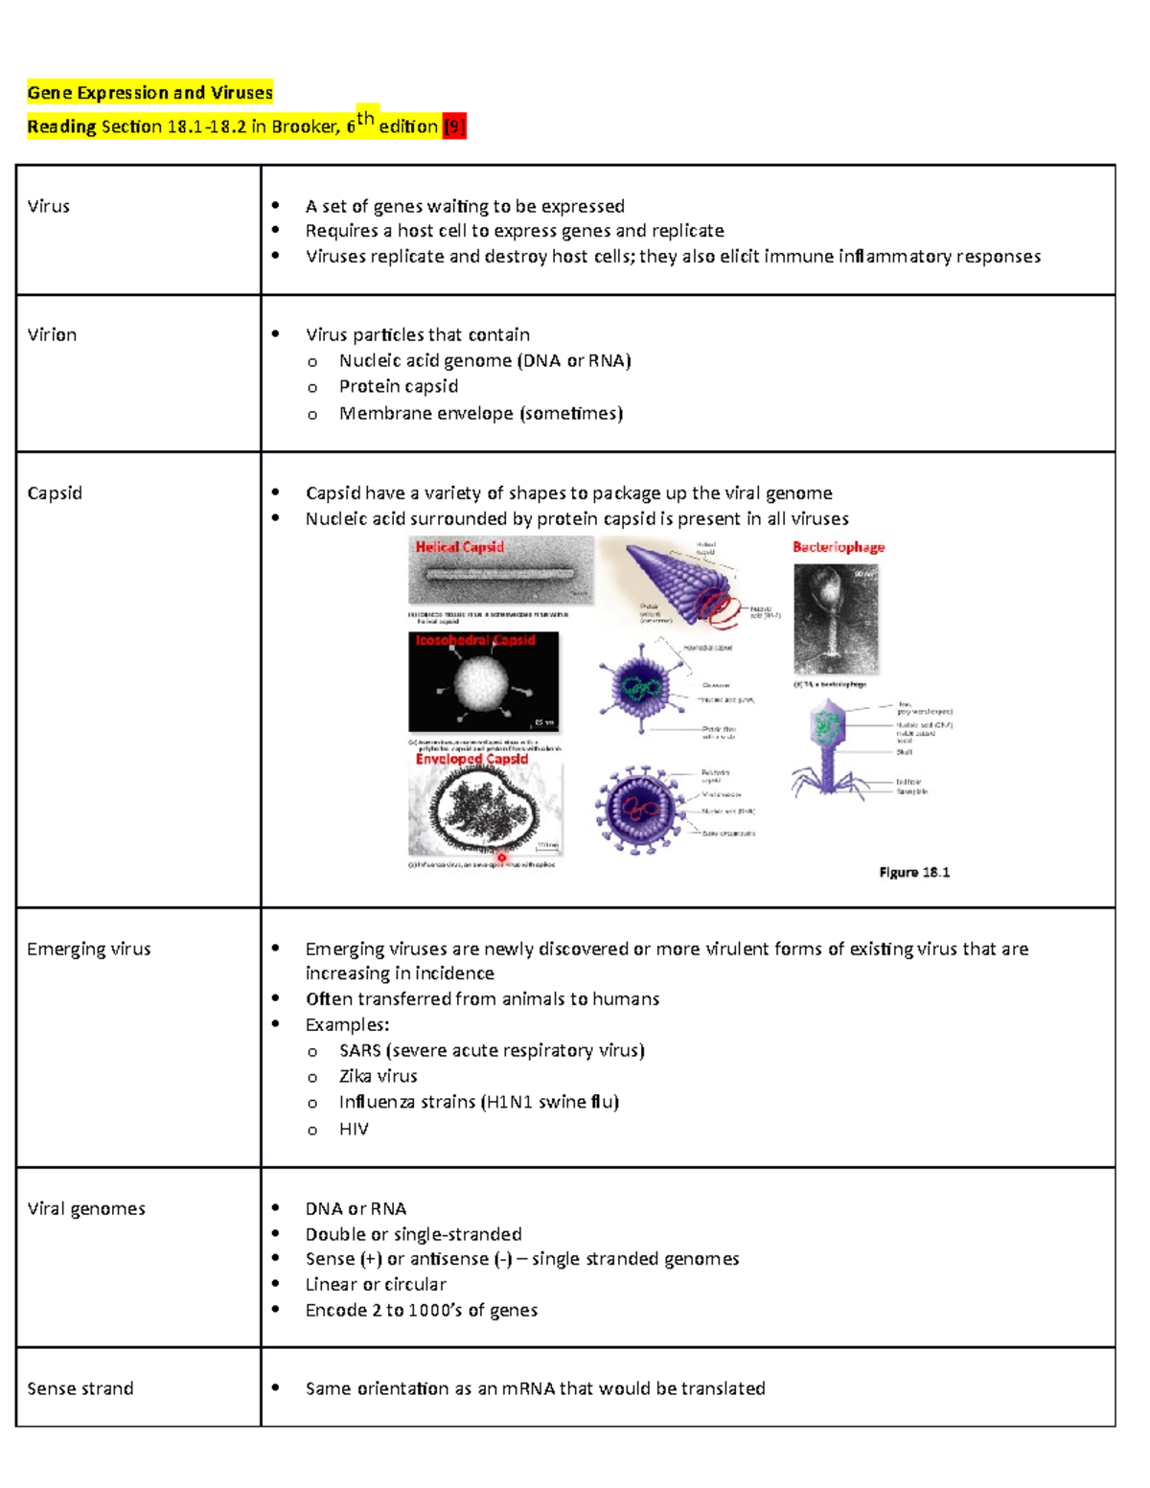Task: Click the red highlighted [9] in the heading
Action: click(454, 126)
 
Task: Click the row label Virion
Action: click(52, 334)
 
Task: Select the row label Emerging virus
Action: click(88, 949)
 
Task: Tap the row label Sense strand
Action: click(80, 1388)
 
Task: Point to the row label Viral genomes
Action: click(86, 1208)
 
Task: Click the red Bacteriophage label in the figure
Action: click(839, 547)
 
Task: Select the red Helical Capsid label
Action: click(459, 547)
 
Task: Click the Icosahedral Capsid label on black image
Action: click(475, 640)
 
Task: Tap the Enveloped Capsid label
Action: click(471, 759)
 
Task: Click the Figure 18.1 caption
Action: click(914, 872)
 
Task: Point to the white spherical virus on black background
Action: click(481, 682)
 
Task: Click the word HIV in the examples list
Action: click(354, 1129)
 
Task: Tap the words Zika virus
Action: click(378, 1076)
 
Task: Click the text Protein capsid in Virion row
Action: click(398, 386)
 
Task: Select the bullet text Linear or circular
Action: click(376, 1284)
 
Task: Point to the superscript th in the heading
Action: click(365, 118)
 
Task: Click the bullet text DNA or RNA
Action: click(356, 1208)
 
